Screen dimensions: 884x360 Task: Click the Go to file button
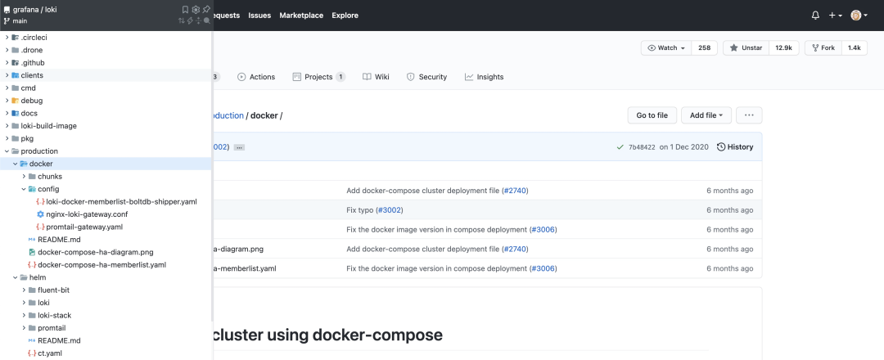tap(652, 115)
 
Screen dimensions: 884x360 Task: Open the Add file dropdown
tap(706, 115)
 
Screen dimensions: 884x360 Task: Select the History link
tap(735, 147)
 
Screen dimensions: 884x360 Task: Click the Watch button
tap(666, 48)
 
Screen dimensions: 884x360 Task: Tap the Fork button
tap(823, 48)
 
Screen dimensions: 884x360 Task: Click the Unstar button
tap(746, 48)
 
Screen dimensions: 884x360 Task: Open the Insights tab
tap(484, 77)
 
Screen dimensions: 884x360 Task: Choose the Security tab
tap(426, 77)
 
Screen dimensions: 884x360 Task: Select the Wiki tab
tap(376, 77)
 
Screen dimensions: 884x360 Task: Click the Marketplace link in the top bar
tap(301, 16)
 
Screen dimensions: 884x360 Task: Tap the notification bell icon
tap(815, 16)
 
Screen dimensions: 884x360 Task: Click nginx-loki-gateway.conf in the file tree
tap(83, 214)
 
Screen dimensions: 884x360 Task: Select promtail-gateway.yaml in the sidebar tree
tap(79, 227)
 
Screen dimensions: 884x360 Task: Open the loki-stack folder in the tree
tap(54, 316)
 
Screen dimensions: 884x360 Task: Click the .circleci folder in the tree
tap(34, 37)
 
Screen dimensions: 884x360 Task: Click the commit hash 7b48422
tap(642, 147)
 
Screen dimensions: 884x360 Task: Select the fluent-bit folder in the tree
tap(53, 290)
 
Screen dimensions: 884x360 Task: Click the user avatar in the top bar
tap(856, 16)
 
